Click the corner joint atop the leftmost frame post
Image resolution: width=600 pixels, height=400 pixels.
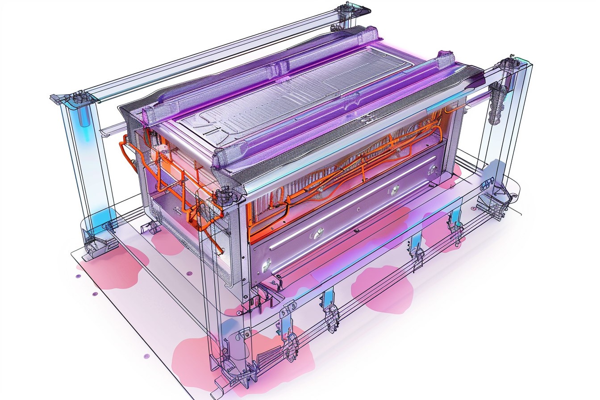click(x=71, y=98)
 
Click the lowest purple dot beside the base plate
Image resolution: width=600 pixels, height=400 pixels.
click(x=146, y=356)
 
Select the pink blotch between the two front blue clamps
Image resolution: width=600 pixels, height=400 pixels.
click(x=382, y=287)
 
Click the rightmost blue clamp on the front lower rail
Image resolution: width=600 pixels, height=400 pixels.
click(x=455, y=223)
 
